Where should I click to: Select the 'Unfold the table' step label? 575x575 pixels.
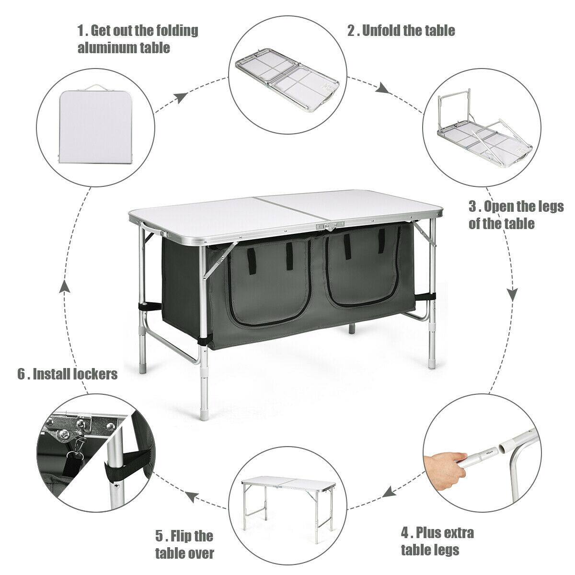point(401,31)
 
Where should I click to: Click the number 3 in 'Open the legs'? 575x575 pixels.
point(472,207)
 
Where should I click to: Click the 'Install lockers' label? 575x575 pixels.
point(68,374)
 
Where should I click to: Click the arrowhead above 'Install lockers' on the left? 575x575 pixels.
point(65,286)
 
